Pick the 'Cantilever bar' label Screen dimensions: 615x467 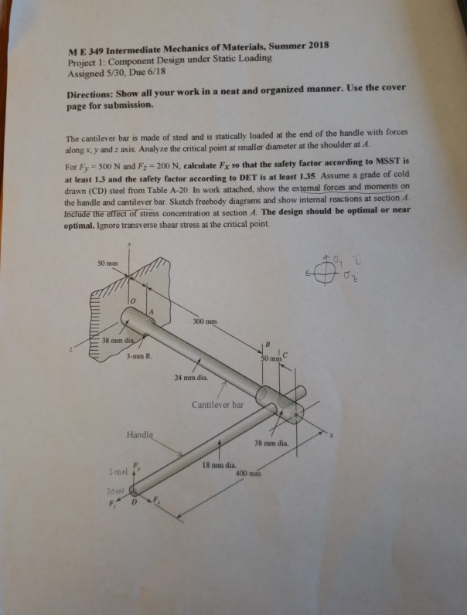218,404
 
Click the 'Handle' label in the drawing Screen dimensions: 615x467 142,436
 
